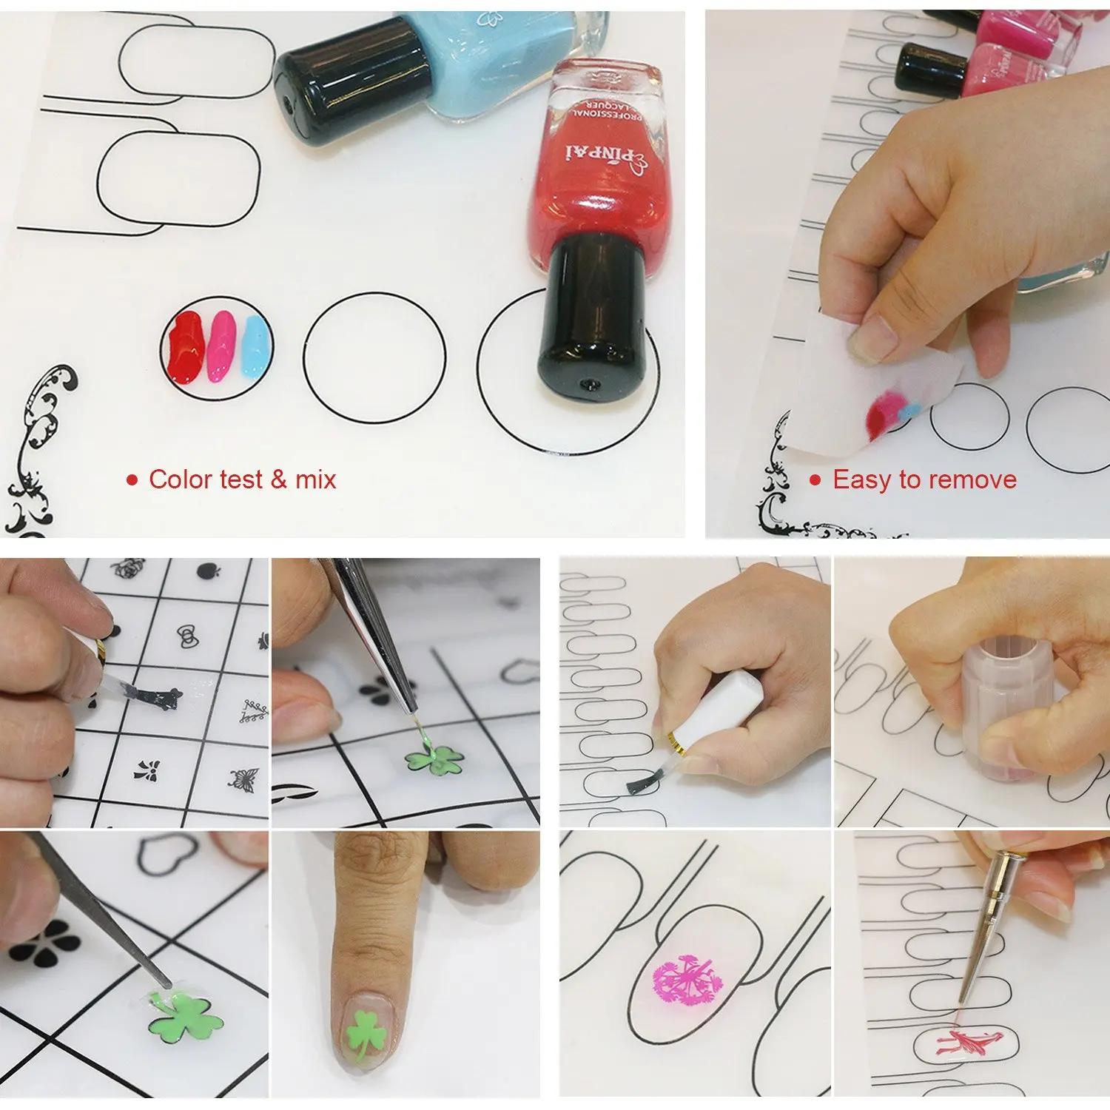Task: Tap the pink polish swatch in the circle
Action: click(221, 346)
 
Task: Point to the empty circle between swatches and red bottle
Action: click(374, 359)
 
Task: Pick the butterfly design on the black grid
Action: click(244, 779)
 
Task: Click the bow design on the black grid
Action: click(189, 634)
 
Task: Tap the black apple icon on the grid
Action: click(208, 571)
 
